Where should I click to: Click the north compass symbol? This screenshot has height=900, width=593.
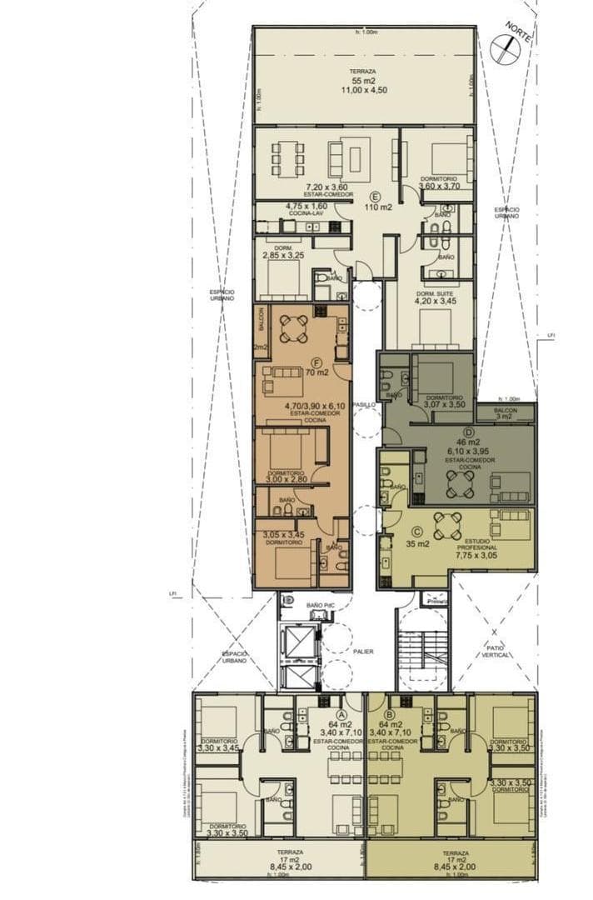(x=505, y=49)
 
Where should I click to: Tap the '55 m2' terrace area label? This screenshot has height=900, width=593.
(x=363, y=81)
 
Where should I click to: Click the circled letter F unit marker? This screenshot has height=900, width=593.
(x=316, y=362)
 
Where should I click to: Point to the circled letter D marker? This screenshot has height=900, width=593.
(x=468, y=432)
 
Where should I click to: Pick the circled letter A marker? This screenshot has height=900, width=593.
(x=341, y=714)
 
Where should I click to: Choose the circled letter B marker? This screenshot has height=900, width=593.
(x=390, y=714)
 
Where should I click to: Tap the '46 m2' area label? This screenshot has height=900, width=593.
(x=465, y=442)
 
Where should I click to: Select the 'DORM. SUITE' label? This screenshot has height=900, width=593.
(x=435, y=294)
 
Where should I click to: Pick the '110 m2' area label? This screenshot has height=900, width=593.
(x=378, y=208)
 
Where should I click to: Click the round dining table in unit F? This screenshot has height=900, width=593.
(x=293, y=328)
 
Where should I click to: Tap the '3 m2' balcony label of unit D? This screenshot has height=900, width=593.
(x=506, y=416)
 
